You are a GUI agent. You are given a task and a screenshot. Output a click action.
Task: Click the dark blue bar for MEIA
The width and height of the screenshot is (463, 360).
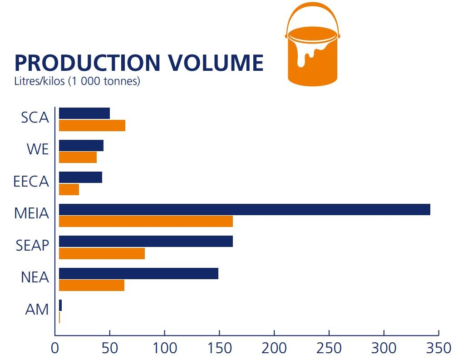point(244,210)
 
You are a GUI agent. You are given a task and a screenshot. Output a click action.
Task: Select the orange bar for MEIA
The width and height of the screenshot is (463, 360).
point(146,222)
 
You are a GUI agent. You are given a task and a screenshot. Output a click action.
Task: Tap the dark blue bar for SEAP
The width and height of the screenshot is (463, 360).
point(146,242)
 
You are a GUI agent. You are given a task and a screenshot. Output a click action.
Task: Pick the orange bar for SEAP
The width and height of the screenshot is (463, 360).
point(102,253)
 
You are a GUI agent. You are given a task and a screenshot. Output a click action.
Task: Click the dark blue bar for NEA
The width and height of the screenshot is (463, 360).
point(138,274)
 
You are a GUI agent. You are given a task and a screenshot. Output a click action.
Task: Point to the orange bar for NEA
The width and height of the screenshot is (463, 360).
point(91,286)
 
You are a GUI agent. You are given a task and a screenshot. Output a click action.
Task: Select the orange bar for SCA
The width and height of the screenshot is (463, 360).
point(92,126)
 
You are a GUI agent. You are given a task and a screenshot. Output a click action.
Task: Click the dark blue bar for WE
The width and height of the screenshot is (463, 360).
point(81,146)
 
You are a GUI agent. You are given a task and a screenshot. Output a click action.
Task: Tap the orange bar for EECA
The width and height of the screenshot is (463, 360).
point(69,190)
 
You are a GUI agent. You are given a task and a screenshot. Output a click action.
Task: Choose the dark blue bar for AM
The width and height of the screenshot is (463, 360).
point(60,306)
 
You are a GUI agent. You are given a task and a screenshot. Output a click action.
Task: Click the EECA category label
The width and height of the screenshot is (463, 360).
point(31,182)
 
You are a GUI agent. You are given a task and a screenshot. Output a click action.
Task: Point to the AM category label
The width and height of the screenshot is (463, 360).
point(37,310)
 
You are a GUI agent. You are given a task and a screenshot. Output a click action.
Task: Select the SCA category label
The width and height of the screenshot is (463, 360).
point(34,118)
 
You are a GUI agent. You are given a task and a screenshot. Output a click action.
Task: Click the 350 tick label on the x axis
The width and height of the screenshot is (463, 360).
point(438,348)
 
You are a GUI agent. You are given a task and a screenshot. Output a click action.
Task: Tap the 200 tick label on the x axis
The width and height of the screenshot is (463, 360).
point(274,348)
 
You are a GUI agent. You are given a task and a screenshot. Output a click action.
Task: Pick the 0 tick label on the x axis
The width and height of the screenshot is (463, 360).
point(55,348)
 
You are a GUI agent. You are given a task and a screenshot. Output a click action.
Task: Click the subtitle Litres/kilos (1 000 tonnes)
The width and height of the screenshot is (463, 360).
point(77,82)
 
